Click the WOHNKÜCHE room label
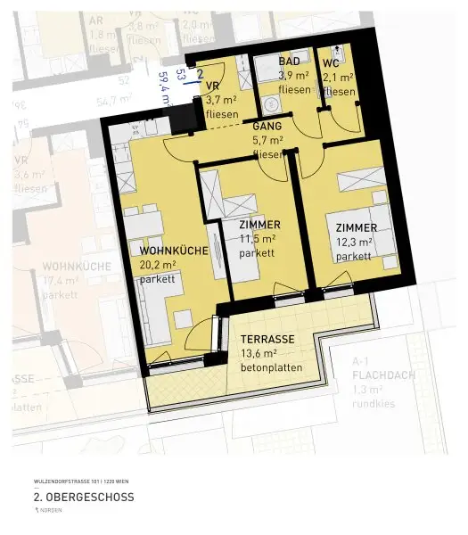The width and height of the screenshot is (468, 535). tap(174, 251)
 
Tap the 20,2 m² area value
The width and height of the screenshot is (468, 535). tap(158, 265)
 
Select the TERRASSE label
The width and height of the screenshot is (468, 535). tap(267, 340)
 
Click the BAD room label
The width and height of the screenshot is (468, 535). tap(289, 62)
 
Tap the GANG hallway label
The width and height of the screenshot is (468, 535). tap(267, 128)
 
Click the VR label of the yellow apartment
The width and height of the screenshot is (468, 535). tap(213, 86)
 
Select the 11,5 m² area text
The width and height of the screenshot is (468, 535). tap(257, 239)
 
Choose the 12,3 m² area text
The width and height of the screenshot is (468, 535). tap(354, 242)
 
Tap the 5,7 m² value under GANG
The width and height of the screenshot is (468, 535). tap(268, 140)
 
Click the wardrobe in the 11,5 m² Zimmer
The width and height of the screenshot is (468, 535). tap(213, 193)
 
